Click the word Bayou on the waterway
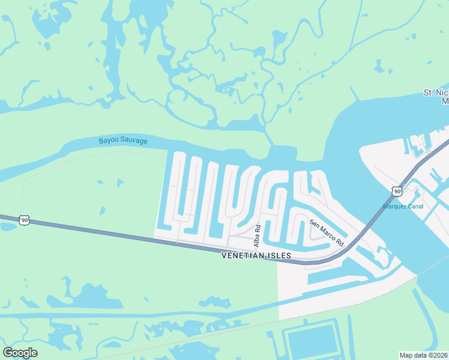[x=109, y=142]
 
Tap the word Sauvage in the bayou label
[x=133, y=142]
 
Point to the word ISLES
[x=279, y=256]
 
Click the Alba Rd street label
[x=257, y=236]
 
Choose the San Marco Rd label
[x=326, y=232]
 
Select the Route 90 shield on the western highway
[x=24, y=220]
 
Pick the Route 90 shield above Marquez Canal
[x=397, y=191]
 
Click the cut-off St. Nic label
[x=436, y=92]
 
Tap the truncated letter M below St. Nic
[x=445, y=101]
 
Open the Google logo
[x=20, y=353]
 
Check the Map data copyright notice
[x=423, y=355]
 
